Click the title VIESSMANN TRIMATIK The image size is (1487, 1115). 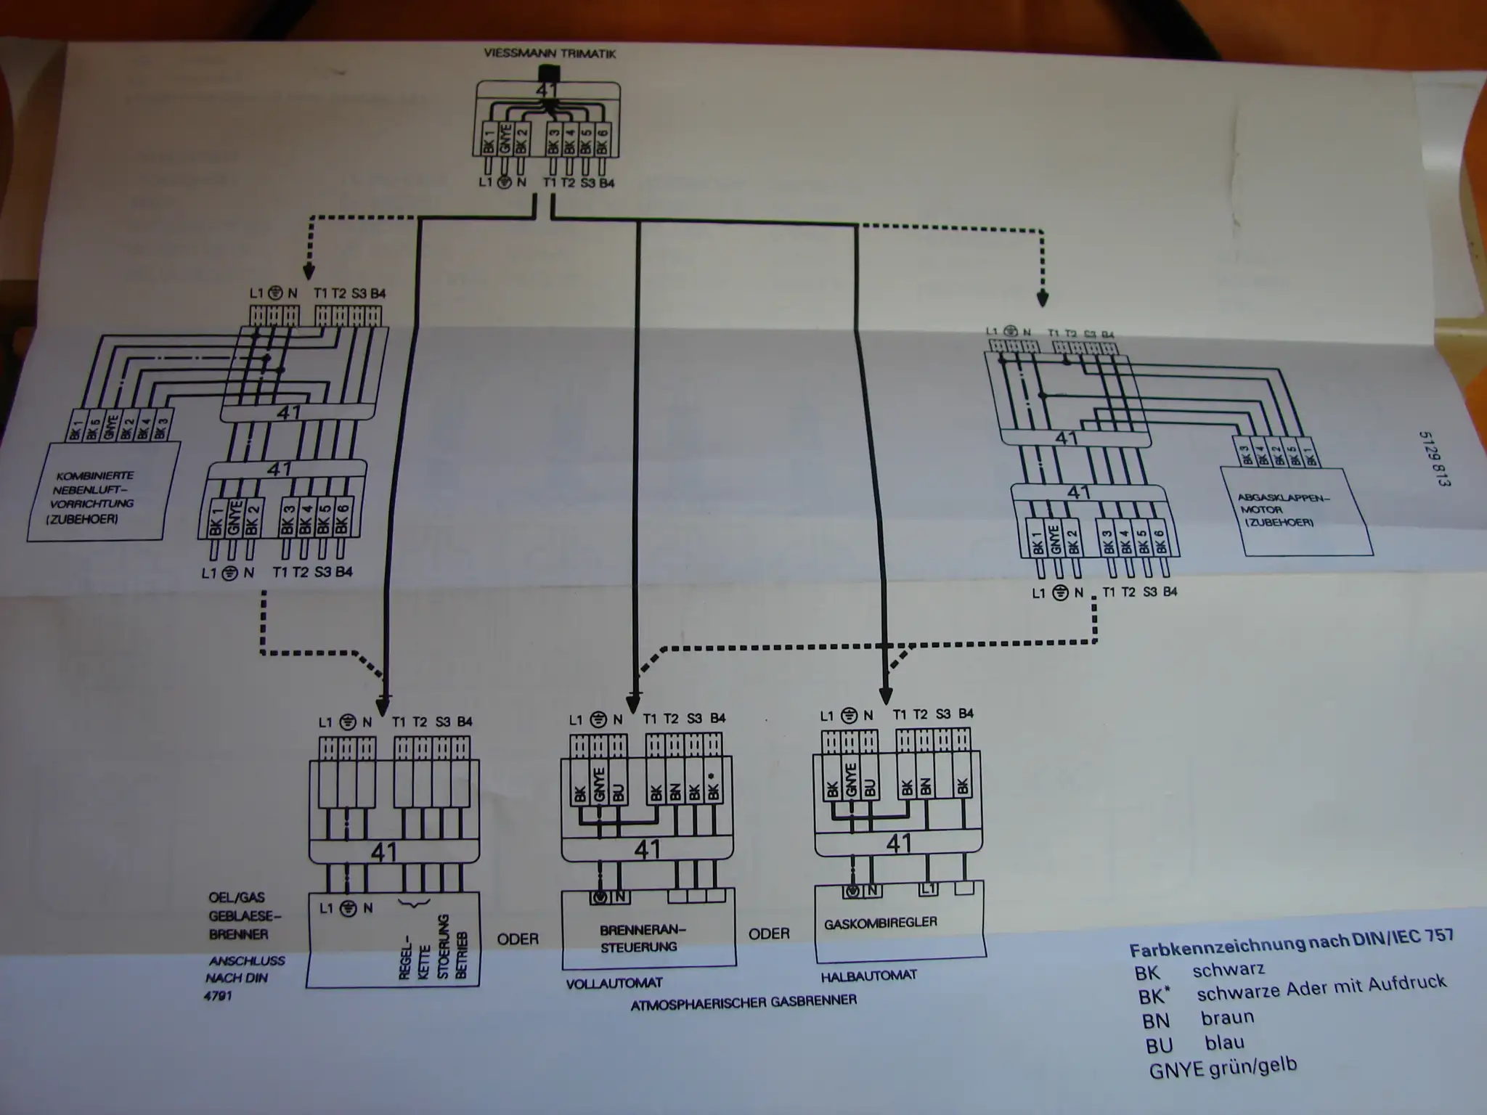tap(550, 54)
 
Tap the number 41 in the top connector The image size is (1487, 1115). tap(546, 91)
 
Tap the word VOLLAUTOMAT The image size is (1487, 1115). tap(614, 984)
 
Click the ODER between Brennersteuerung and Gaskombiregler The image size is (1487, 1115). tap(768, 934)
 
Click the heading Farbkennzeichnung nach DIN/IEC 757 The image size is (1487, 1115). tap(1291, 942)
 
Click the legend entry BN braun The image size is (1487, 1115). tap(1197, 1018)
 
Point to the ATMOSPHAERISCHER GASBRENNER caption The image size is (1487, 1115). tap(743, 1002)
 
